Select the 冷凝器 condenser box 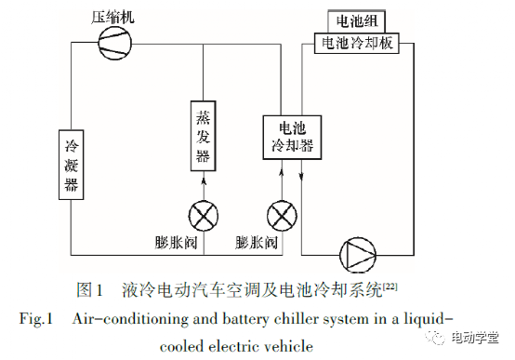click(x=72, y=164)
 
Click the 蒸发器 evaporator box click(x=204, y=135)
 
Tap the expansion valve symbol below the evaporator click(x=204, y=217)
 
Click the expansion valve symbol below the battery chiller click(x=280, y=217)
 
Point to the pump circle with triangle click(x=356, y=253)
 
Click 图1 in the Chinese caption click(x=90, y=288)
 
